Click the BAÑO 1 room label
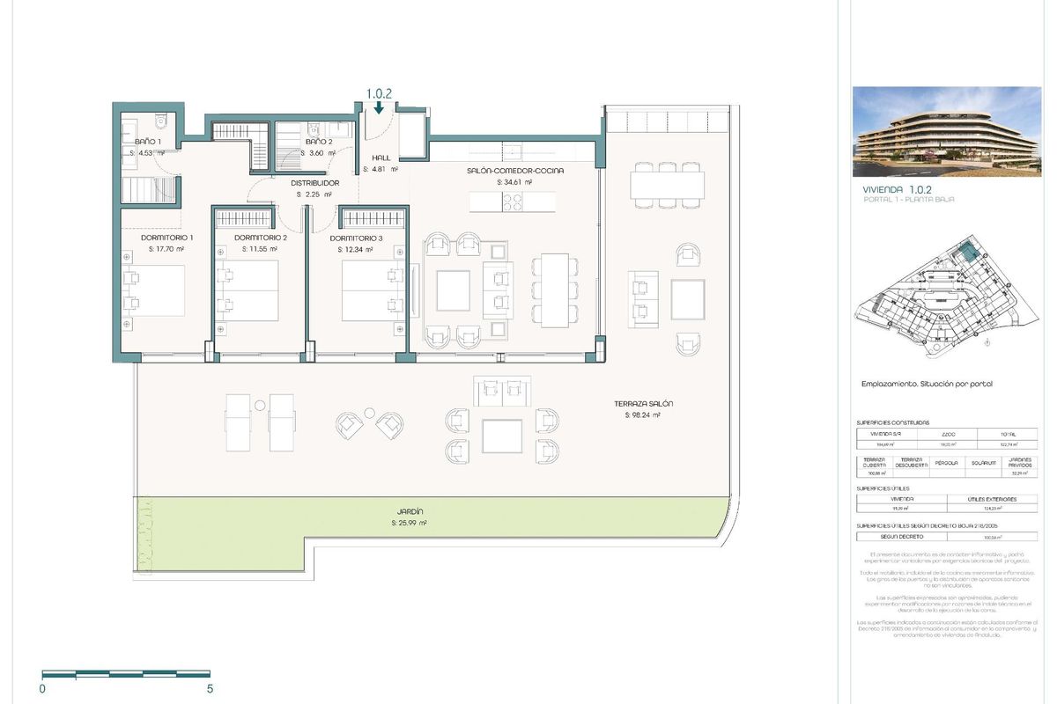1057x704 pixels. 148,142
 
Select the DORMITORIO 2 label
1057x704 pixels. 261,238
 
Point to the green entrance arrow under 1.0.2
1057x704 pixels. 378,108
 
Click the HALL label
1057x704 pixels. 381,158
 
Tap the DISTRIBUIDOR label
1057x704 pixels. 314,183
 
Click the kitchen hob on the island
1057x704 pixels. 512,202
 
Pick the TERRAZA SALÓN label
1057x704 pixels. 644,403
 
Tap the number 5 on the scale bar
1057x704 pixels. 209,689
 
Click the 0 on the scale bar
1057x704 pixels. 42,689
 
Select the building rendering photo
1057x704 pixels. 946,131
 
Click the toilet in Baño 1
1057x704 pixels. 160,121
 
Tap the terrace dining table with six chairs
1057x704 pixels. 667,186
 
